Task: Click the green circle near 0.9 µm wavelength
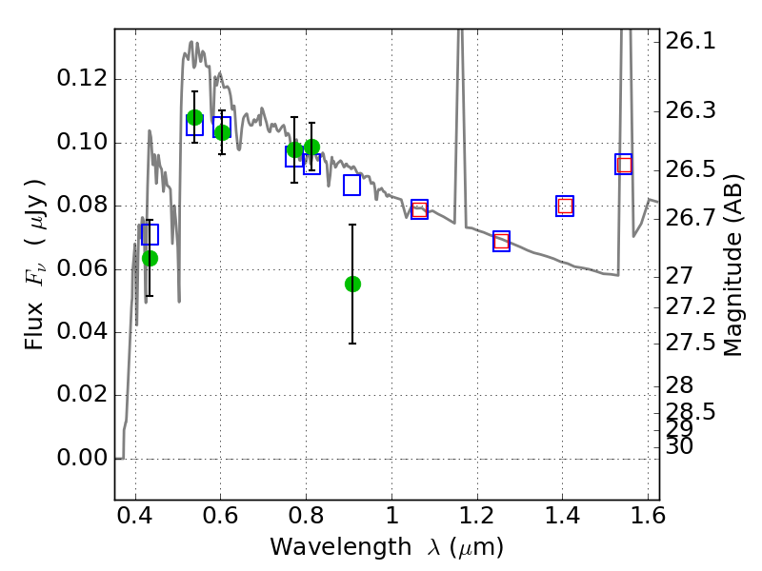click(352, 284)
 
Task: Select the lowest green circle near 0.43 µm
click(150, 258)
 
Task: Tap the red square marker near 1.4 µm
click(565, 206)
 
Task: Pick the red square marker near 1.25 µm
click(502, 241)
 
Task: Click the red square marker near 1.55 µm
click(624, 165)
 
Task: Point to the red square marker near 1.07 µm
click(419, 209)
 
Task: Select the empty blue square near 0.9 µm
click(351, 185)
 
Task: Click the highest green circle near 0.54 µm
click(194, 117)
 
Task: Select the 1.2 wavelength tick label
click(477, 516)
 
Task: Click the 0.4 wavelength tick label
click(135, 516)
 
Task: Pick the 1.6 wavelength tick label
click(648, 516)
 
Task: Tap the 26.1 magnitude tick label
click(691, 41)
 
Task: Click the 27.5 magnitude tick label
click(691, 344)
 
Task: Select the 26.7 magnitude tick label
click(691, 219)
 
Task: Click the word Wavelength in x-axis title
click(341, 547)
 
